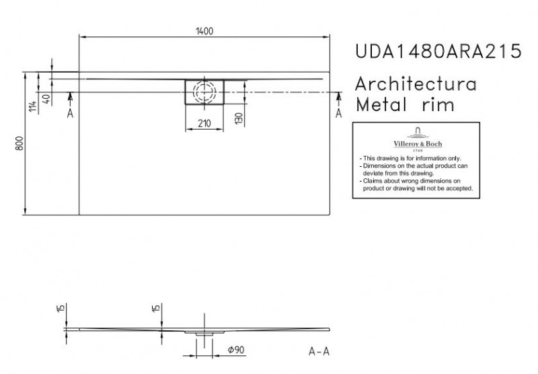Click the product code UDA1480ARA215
436,52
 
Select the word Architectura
416,85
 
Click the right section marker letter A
338,114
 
